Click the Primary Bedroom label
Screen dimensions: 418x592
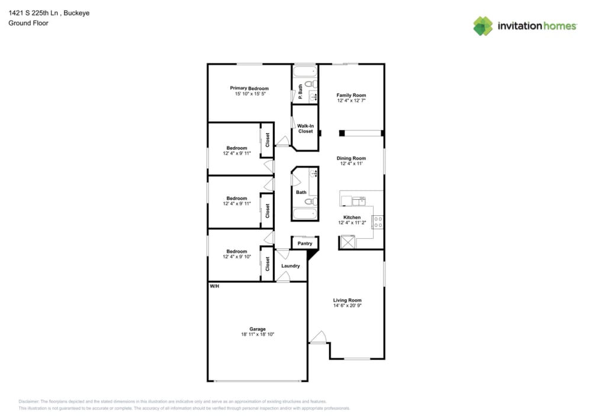tap(249, 88)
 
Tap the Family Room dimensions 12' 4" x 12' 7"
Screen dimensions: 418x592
tap(351, 101)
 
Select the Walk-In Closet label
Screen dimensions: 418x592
tap(305, 128)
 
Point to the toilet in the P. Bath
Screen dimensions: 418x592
tap(308, 85)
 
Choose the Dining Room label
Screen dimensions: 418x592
tap(351, 158)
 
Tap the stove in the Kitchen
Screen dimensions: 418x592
tap(378, 222)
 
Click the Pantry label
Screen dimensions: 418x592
tap(305, 243)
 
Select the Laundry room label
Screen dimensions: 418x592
tap(291, 265)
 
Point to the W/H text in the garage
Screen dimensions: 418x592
tap(214, 286)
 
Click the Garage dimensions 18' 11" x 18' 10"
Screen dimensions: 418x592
tap(257, 335)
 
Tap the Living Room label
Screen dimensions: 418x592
tap(347, 300)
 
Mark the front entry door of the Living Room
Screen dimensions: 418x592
tap(318, 338)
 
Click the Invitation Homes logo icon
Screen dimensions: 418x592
tap(483, 26)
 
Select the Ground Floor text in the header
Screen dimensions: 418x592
tap(28, 23)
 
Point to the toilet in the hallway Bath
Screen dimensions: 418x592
tap(308, 201)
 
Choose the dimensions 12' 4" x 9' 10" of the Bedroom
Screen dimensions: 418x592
tap(237, 257)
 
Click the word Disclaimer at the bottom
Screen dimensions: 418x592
tap(29, 401)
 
